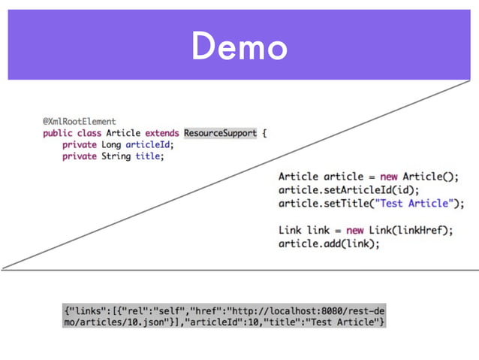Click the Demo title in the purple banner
click(239, 47)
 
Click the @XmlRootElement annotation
click(79, 121)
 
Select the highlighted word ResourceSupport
click(220, 133)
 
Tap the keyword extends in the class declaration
click(162, 133)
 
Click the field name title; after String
click(149, 156)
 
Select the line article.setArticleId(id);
click(348, 190)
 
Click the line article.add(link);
click(329, 244)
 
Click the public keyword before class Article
click(57, 133)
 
